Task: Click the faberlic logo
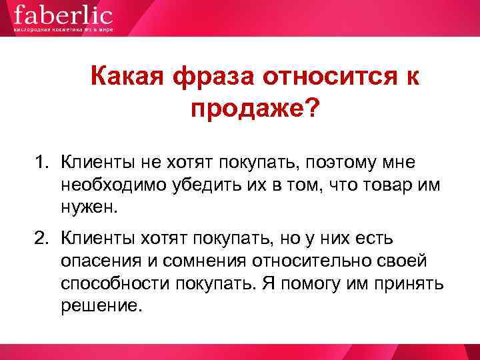(x=63, y=15)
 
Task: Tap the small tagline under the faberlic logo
(x=63, y=30)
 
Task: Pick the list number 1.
(x=42, y=161)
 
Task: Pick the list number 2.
(x=42, y=237)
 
